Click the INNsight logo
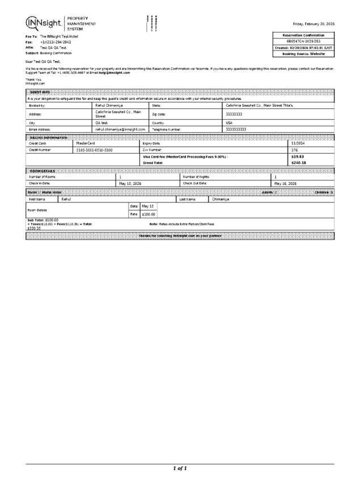pyautogui.click(x=45, y=22)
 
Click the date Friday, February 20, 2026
pyautogui.click(x=313, y=24)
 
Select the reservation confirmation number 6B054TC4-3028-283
pyautogui.click(x=303, y=41)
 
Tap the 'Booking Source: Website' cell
pyautogui.click(x=303, y=54)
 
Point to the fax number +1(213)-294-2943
pyautogui.click(x=56, y=42)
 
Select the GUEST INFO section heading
pyautogui.click(x=40, y=92)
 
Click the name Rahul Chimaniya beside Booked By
pyautogui.click(x=109, y=105)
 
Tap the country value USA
pyautogui.click(x=229, y=122)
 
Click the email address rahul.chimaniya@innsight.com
pyautogui.click(x=121, y=129)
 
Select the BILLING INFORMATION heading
pyautogui.click(x=49, y=138)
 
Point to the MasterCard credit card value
pyautogui.click(x=86, y=143)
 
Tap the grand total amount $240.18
pyautogui.click(x=298, y=163)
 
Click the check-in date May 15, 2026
pyautogui.click(x=130, y=184)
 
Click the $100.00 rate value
pyautogui.click(x=148, y=214)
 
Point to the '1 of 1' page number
pyautogui.click(x=180, y=468)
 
